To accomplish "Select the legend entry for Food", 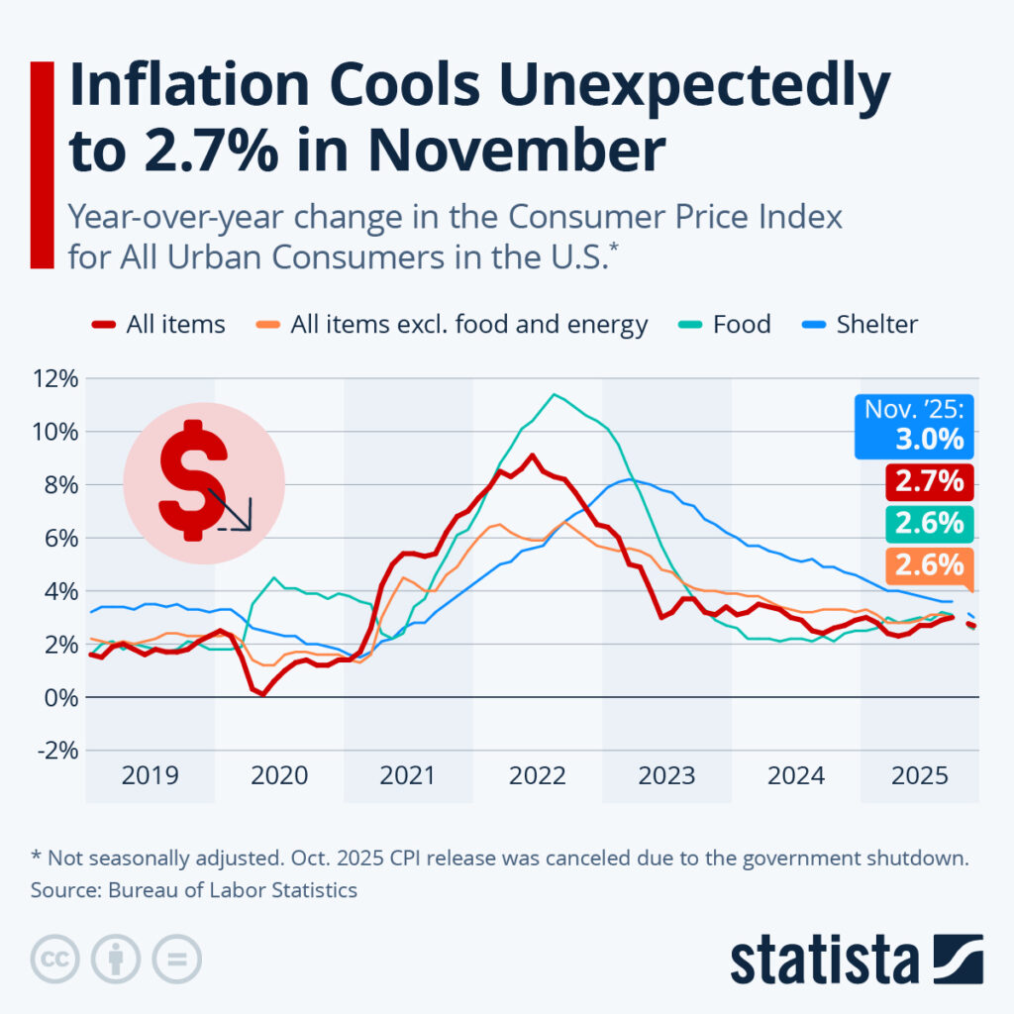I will point(741,324).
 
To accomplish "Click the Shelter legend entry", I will point(874,324).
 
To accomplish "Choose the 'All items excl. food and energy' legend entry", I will point(468,324).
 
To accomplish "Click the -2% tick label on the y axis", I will point(56,751).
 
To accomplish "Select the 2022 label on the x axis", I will point(537,775).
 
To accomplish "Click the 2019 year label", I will point(150,775).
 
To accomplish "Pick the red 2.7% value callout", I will point(929,482).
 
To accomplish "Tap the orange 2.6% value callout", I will point(929,565).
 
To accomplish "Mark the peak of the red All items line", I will point(533,456).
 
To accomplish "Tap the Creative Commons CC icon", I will point(56,959).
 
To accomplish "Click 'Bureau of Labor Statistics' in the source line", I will point(234,890).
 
